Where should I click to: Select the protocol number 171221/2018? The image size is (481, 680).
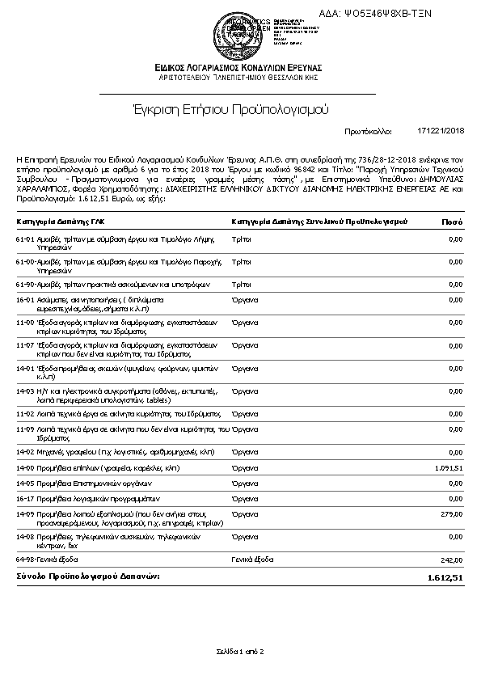pyautogui.click(x=441, y=131)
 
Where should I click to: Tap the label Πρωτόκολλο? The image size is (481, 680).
pyautogui.click(x=368, y=131)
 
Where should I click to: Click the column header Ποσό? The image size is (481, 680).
pyautogui.click(x=453, y=221)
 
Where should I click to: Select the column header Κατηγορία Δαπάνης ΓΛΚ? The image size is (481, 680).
pyautogui.click(x=60, y=221)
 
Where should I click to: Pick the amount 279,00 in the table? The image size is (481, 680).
pyautogui.click(x=452, y=513)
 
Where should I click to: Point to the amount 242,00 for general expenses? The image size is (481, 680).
pyautogui.click(x=452, y=559)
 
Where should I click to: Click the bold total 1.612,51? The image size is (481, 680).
pyautogui.click(x=445, y=577)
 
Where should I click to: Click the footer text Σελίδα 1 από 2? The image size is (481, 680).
pyautogui.click(x=240, y=651)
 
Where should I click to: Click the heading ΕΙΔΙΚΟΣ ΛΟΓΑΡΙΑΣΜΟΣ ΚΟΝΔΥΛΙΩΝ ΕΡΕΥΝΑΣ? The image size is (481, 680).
pyautogui.click(x=240, y=67)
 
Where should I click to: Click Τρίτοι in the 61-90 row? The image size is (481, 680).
pyautogui.click(x=241, y=285)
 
